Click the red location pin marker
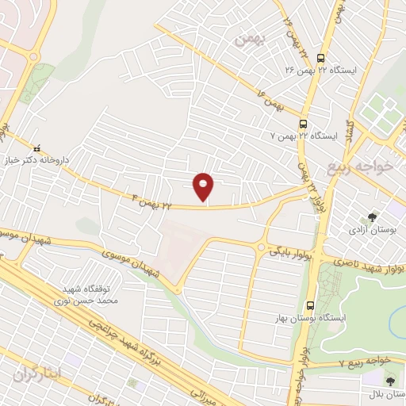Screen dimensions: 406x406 coord(204,186)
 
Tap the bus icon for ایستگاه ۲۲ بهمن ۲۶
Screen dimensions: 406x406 coord(320,58)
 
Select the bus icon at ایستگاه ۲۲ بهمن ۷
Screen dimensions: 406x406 coord(303,123)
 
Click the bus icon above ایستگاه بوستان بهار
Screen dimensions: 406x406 coord(310,304)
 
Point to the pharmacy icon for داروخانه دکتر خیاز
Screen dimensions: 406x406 coord(36,147)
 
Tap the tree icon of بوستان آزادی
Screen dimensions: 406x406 coord(370,216)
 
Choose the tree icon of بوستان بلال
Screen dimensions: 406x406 coord(389,381)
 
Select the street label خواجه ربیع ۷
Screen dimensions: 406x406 coord(364,361)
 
